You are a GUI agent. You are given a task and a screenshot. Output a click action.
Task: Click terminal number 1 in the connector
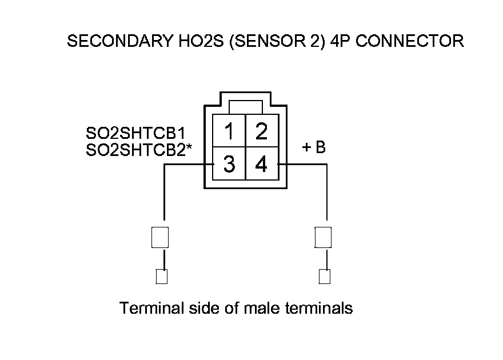(229, 132)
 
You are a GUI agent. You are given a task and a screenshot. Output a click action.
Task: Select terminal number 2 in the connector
(261, 132)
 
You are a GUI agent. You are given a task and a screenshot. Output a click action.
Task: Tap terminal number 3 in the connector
(229, 165)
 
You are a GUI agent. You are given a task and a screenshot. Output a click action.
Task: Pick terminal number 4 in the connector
(261, 165)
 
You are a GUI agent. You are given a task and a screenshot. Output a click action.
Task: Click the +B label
(314, 147)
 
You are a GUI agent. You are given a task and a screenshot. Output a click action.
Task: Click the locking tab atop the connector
(245, 107)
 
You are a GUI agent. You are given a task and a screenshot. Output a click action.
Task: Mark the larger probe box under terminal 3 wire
(159, 237)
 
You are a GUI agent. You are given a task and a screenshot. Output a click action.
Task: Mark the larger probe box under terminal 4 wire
(324, 237)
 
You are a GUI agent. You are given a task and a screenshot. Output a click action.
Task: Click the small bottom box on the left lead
(162, 277)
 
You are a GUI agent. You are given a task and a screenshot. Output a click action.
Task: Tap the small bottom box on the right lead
(324, 277)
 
